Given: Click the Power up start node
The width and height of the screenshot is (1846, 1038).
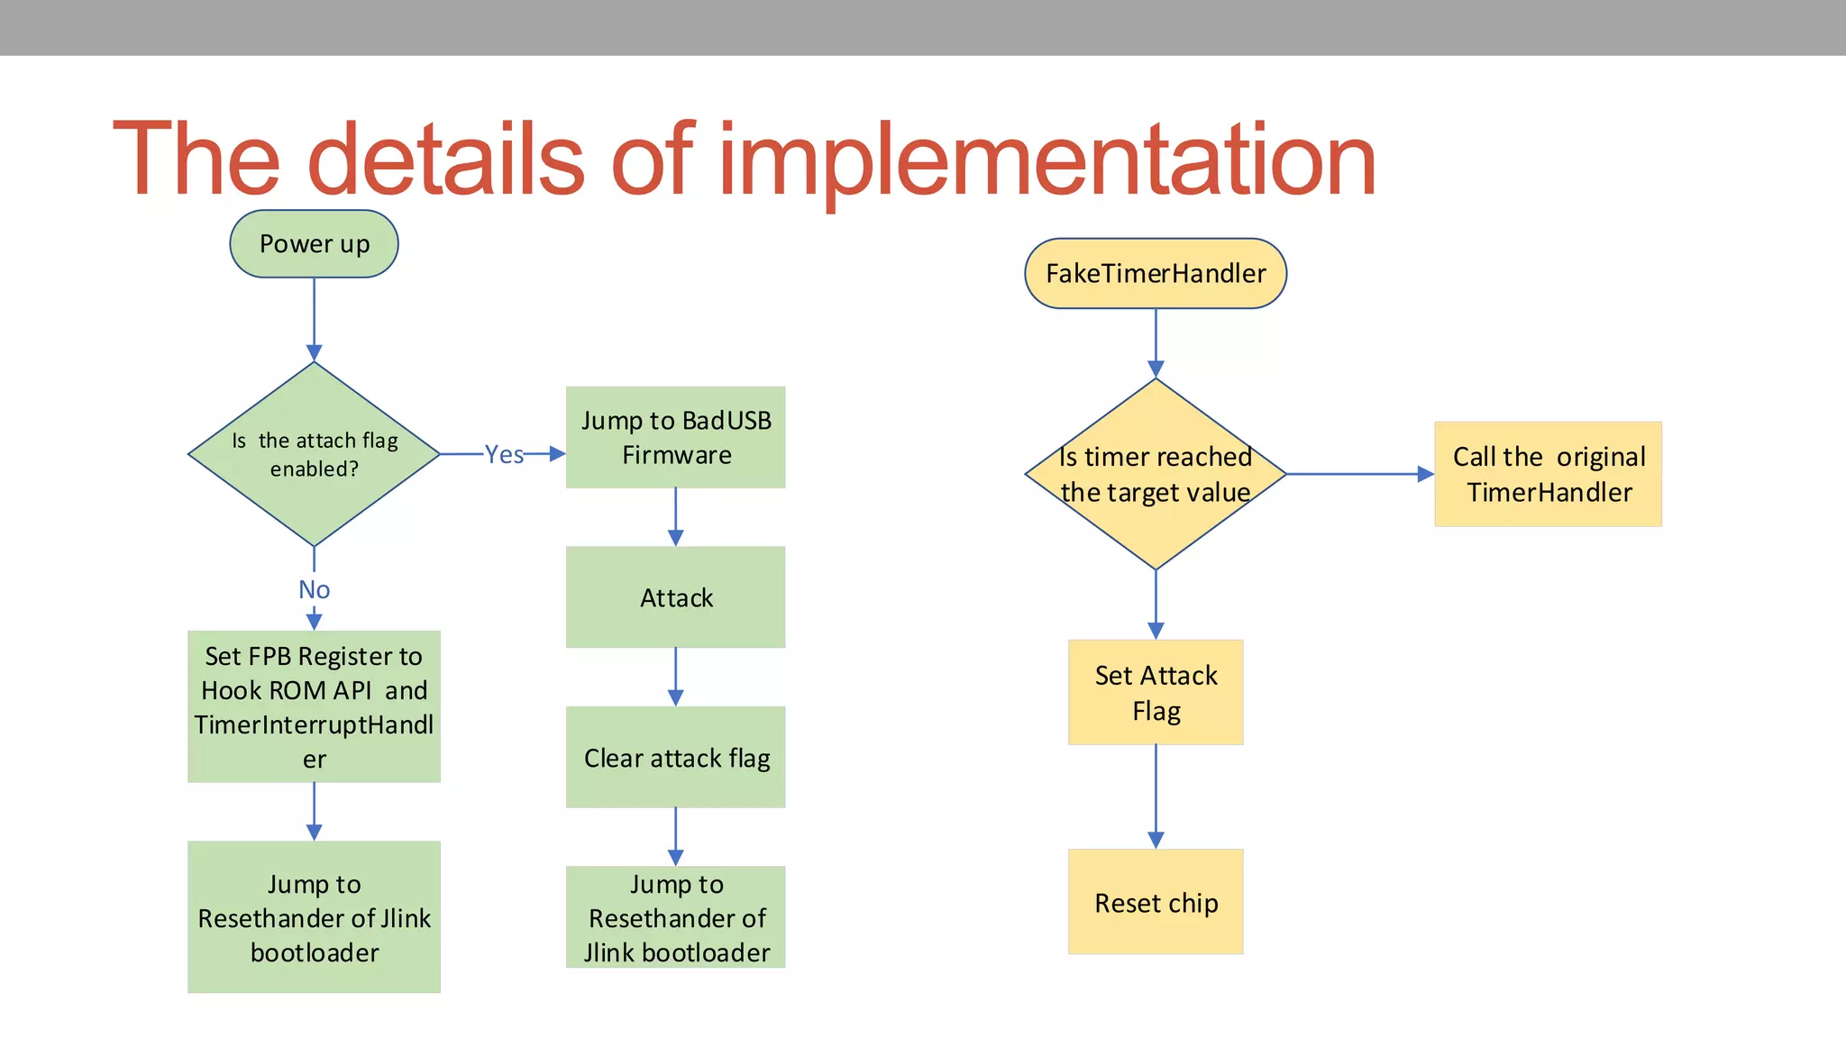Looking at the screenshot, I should [314, 244].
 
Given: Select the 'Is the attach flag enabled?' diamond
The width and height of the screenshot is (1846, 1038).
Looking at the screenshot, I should [314, 454].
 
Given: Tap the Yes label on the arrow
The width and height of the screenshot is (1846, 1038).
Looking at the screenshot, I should [504, 454].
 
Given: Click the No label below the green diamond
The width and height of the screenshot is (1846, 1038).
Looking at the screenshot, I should [314, 589].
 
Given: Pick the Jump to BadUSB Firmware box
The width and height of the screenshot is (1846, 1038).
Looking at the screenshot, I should [675, 438].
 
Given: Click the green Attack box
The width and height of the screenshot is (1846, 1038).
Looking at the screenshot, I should [675, 597].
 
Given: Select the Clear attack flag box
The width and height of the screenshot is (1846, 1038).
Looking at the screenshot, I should [675, 758].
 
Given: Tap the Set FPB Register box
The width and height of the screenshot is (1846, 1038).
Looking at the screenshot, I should [314, 706].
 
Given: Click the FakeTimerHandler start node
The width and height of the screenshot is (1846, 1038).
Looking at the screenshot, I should [1156, 274].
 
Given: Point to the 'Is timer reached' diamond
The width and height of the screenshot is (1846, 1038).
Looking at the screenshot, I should [1156, 474].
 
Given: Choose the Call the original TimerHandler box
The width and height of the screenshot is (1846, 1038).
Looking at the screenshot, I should [1548, 474].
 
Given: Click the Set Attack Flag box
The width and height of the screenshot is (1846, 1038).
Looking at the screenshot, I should [1156, 692].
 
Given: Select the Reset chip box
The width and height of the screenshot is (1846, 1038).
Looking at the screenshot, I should [1156, 902].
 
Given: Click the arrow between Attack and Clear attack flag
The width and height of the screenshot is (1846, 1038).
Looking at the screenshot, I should [675, 677].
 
